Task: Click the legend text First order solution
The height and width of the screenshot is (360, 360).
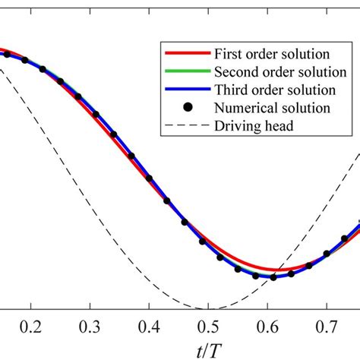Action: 271,55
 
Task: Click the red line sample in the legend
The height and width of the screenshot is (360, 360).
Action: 184,55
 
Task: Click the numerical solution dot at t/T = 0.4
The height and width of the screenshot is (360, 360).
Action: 150,178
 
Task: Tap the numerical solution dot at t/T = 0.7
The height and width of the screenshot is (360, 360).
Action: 327,254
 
